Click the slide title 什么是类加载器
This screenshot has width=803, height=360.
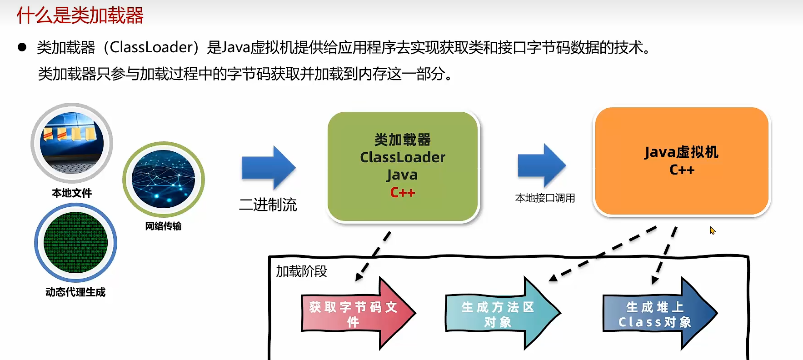point(80,15)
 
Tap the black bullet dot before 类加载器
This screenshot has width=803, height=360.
point(22,47)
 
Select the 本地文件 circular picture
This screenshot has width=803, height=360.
point(72,143)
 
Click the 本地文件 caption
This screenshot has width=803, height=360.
point(72,193)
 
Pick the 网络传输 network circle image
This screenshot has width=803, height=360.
point(163,179)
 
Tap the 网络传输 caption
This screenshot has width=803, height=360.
point(163,226)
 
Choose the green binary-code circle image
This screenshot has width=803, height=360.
point(75,242)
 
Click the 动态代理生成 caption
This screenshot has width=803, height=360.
point(75,292)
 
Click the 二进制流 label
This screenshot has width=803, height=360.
point(268,205)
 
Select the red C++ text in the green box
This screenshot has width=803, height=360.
point(403,193)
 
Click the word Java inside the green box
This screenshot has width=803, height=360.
point(402,175)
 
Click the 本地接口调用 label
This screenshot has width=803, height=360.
point(545,198)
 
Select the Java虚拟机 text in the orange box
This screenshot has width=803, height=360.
point(681,152)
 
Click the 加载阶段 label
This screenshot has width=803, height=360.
point(301,271)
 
